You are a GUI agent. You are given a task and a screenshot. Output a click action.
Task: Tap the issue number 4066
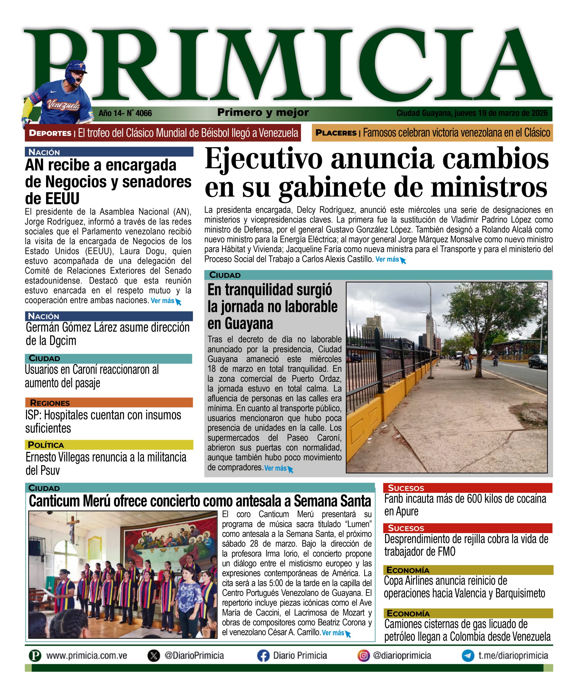click(x=144, y=114)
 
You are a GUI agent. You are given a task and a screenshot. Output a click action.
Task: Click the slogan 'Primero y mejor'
click(x=263, y=112)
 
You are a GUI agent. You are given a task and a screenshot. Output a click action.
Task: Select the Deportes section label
click(x=50, y=133)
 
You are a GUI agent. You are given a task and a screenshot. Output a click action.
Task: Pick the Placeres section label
click(x=336, y=133)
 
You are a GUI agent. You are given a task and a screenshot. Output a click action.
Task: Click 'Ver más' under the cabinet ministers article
click(x=387, y=259)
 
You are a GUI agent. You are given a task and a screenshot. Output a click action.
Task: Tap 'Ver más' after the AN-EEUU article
click(x=162, y=301)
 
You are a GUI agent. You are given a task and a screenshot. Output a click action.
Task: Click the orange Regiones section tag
click(x=50, y=403)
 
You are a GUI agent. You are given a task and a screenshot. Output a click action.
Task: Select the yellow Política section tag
click(x=46, y=445)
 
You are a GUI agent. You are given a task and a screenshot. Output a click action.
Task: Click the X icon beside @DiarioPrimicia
click(x=153, y=656)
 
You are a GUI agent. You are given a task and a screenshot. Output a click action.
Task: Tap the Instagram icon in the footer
click(x=364, y=656)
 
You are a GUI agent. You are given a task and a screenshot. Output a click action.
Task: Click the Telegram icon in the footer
click(x=468, y=656)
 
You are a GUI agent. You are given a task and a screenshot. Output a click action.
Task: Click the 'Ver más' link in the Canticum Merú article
click(x=333, y=633)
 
